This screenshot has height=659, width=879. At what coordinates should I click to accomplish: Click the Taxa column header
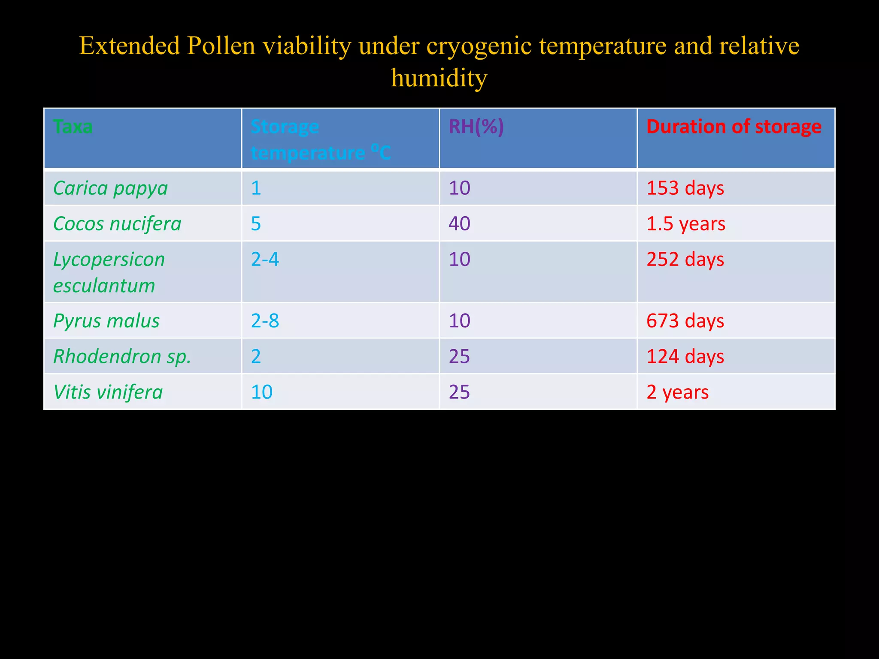click(73, 127)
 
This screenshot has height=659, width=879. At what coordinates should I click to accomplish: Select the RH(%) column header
click(476, 127)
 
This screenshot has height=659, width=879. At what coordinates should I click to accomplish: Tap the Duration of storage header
click(734, 127)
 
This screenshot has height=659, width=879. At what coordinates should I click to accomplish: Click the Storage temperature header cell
click(320, 140)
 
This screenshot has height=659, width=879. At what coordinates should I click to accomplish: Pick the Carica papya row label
click(110, 188)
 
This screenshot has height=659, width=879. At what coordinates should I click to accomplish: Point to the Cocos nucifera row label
click(117, 224)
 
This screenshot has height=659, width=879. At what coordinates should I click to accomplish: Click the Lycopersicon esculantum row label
click(109, 272)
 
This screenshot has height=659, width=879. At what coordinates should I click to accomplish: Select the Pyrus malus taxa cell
click(106, 321)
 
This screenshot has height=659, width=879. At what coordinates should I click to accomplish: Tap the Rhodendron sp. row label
click(122, 357)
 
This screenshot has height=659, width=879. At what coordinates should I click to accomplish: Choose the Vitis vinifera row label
click(108, 392)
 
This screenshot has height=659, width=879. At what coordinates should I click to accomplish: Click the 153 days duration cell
click(685, 188)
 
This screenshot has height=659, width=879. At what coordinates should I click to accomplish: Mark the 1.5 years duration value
click(685, 224)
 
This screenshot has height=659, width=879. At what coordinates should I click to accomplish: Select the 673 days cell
click(685, 321)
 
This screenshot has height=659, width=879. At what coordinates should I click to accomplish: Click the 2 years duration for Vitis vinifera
click(677, 392)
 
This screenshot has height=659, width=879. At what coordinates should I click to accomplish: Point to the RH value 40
click(459, 224)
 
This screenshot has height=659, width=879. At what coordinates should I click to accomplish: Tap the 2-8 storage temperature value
click(265, 321)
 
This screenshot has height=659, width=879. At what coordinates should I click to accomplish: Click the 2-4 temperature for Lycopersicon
click(265, 260)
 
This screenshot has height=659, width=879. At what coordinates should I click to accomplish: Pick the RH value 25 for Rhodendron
click(459, 357)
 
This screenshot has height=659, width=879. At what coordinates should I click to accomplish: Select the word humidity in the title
click(439, 79)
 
